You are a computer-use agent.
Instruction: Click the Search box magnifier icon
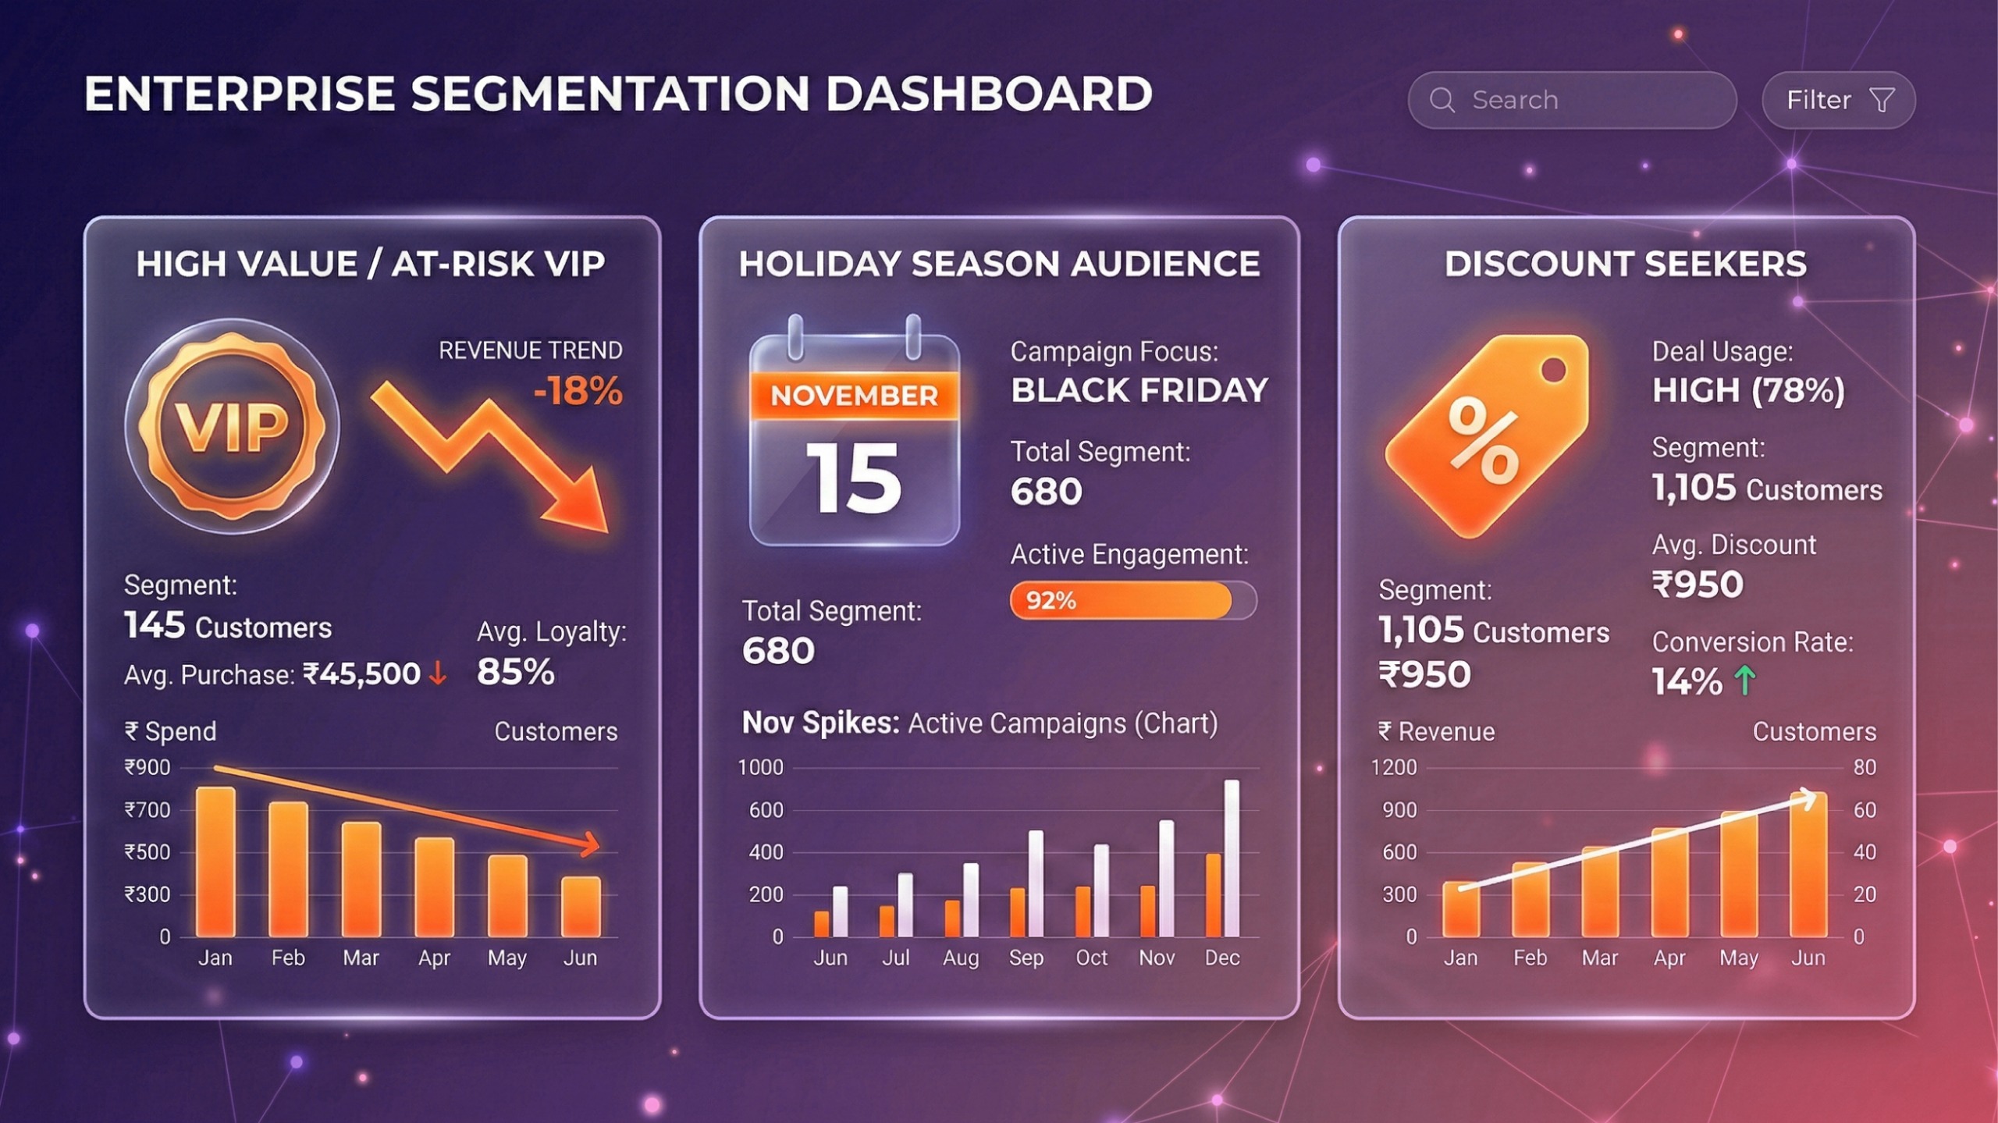pyautogui.click(x=1442, y=100)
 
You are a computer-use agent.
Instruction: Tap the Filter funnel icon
pyautogui.click(x=1882, y=100)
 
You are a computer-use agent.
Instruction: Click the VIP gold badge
pyautogui.click(x=232, y=426)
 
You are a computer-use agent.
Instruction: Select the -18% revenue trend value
pyautogui.click(x=578, y=391)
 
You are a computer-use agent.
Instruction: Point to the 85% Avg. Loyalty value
pyautogui.click(x=515, y=672)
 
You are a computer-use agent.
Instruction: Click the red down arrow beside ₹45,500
pyautogui.click(x=439, y=673)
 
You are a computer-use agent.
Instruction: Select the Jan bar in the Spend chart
pyautogui.click(x=215, y=862)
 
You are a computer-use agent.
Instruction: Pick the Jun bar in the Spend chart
pyautogui.click(x=581, y=907)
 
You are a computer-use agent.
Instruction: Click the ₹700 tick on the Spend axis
pyautogui.click(x=148, y=810)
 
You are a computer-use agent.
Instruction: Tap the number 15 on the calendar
pyautogui.click(x=854, y=478)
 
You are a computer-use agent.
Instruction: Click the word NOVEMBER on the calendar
pyautogui.click(x=854, y=396)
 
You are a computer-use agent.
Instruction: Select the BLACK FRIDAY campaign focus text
pyautogui.click(x=1139, y=390)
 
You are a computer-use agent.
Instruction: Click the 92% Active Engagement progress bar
pyautogui.click(x=1132, y=600)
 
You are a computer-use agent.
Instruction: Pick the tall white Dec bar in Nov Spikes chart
pyautogui.click(x=1232, y=858)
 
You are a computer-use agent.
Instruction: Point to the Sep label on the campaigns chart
pyautogui.click(x=1026, y=958)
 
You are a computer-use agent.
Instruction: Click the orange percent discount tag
pyautogui.click(x=1487, y=437)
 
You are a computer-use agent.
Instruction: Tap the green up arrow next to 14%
pyautogui.click(x=1745, y=681)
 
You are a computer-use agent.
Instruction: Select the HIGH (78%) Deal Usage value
pyautogui.click(x=1748, y=390)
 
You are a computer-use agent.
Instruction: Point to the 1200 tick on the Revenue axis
pyautogui.click(x=1394, y=768)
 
